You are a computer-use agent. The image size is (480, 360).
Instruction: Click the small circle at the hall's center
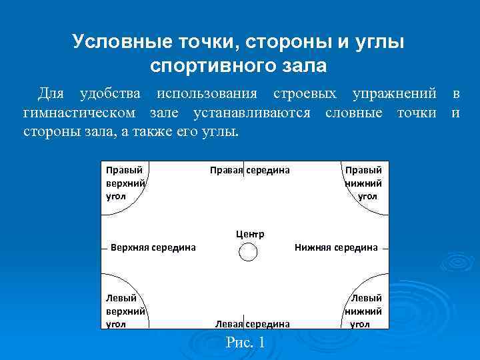click(x=248, y=252)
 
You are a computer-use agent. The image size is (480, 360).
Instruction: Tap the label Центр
click(x=250, y=234)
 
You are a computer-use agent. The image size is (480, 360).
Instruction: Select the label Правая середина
click(x=250, y=170)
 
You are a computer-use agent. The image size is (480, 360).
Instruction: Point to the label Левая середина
click(x=252, y=323)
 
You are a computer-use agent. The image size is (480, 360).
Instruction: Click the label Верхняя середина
click(x=153, y=247)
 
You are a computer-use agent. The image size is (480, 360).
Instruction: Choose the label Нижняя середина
click(x=336, y=247)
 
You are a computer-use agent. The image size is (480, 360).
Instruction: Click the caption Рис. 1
click(x=245, y=343)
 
